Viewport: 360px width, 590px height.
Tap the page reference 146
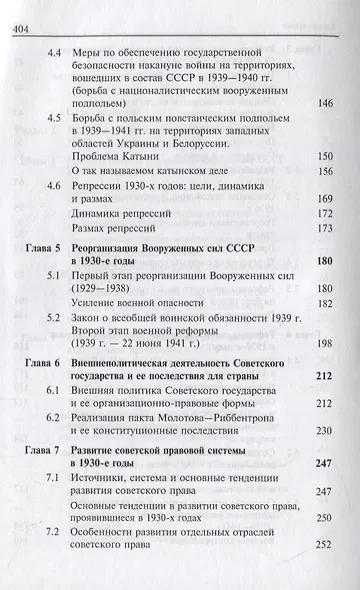tap(323, 103)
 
